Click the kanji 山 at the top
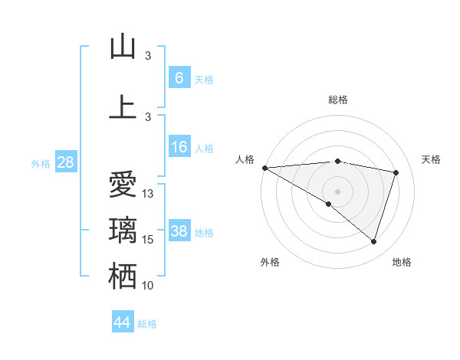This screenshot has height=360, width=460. [123, 47]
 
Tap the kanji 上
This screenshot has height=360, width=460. [123, 106]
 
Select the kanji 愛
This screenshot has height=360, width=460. [123, 185]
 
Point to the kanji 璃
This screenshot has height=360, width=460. [123, 231]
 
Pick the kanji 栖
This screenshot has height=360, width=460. [123, 277]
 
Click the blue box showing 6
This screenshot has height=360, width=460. [179, 77]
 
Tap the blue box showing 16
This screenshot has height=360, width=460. [179, 147]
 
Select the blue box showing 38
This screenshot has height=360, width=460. [179, 231]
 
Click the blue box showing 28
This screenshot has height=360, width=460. [64, 162]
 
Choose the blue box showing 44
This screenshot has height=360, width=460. [123, 322]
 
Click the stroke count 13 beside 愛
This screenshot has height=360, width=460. [148, 194]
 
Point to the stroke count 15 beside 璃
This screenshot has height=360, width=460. [148, 240]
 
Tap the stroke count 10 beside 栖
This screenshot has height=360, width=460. [148, 286]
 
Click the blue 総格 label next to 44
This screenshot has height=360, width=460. [147, 324]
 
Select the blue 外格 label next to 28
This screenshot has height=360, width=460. [40, 163]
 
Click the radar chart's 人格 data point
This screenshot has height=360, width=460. [264, 168]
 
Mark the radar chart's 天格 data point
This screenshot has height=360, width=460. [396, 172]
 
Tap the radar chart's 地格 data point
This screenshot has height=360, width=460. [373, 241]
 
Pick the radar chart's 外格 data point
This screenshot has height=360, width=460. [329, 204]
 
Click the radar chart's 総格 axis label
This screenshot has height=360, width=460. [338, 100]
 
